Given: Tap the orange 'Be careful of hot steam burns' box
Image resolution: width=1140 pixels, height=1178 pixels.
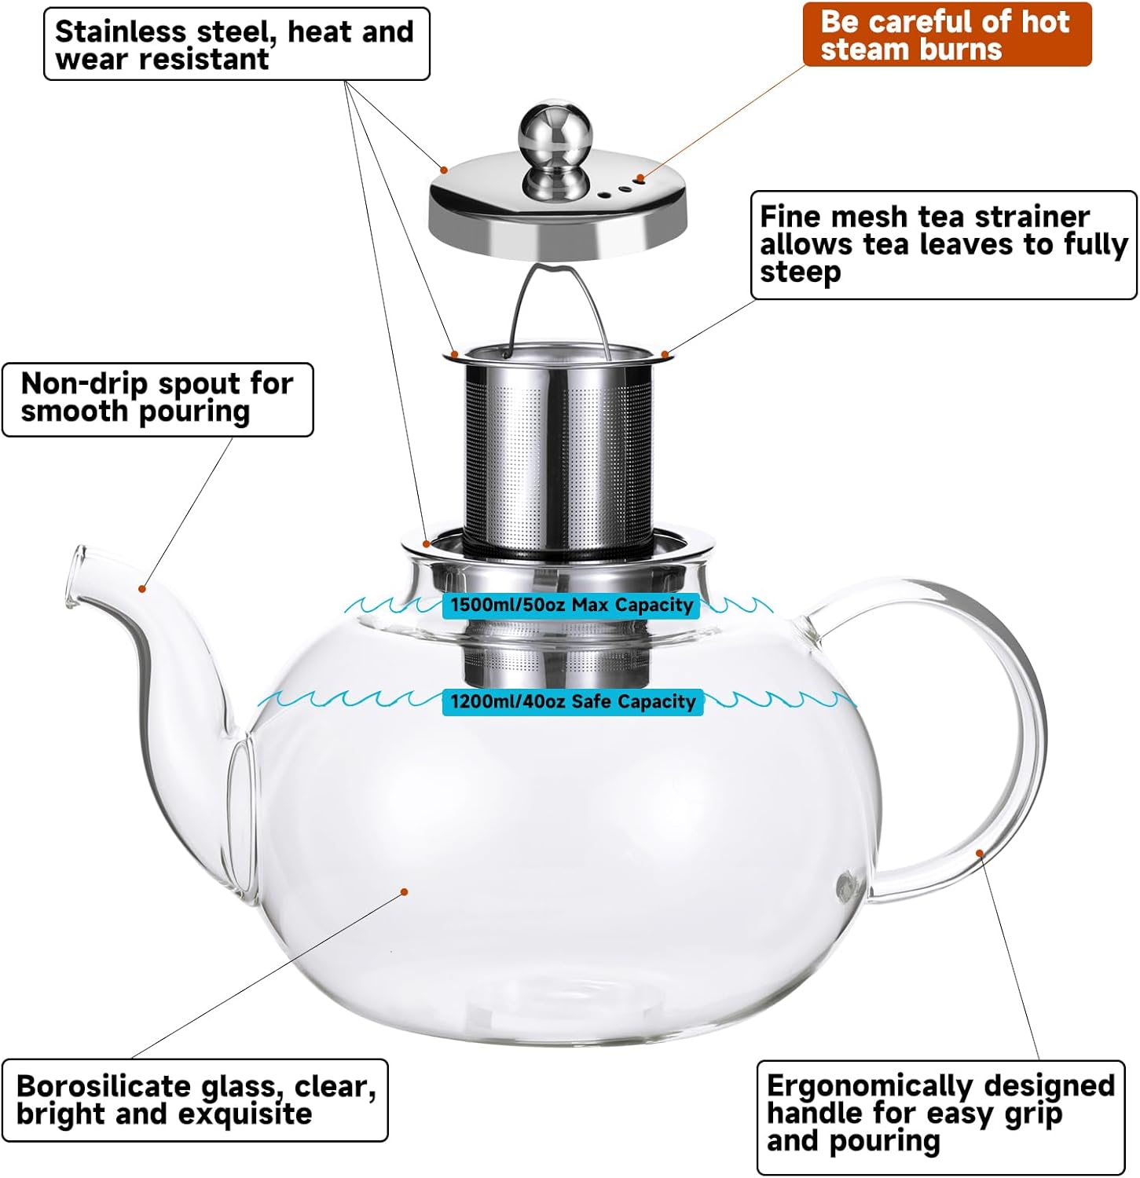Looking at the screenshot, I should pyautogui.click(x=946, y=35).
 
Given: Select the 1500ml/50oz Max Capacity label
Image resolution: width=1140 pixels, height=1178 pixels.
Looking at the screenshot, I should pyautogui.click(x=571, y=605).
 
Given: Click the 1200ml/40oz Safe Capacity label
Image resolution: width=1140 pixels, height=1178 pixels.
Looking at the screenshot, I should pyautogui.click(x=573, y=701).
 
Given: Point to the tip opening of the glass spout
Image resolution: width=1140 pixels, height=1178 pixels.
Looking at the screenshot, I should pyautogui.click(x=76, y=577).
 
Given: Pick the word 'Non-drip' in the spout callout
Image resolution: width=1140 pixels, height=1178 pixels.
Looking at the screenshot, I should pyautogui.click(x=84, y=384).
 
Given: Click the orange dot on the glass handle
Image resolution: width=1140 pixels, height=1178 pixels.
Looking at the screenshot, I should pyautogui.click(x=980, y=853).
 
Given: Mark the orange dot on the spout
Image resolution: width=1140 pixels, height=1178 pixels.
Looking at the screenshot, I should pyautogui.click(x=142, y=588).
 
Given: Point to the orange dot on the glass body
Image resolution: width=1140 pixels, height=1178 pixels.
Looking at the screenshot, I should pyautogui.click(x=404, y=891).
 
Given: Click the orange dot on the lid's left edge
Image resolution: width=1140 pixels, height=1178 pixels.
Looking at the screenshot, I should pyautogui.click(x=444, y=169).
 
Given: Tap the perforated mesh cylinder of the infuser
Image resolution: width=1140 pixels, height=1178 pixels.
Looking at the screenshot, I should pyautogui.click(x=558, y=455).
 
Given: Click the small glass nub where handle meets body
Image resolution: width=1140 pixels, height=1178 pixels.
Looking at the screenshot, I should pyautogui.click(x=845, y=886).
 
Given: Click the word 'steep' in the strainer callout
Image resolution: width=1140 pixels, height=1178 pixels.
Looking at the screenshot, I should pyautogui.click(x=800, y=273).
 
